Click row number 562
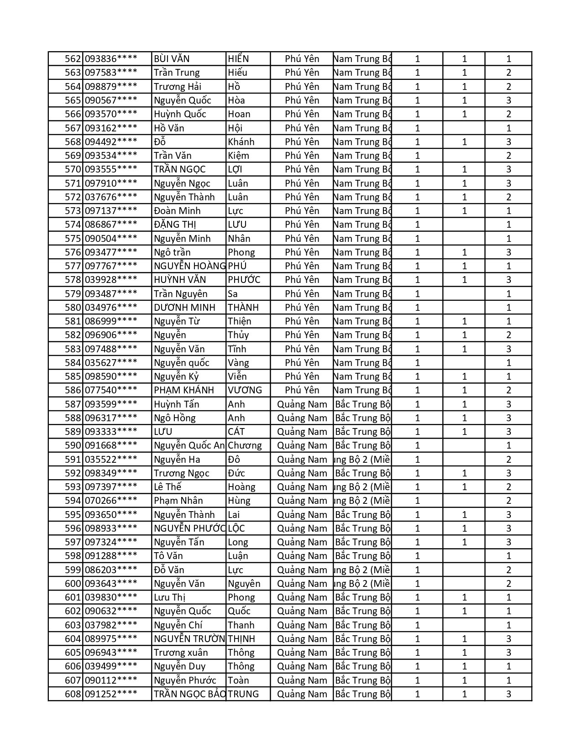(73, 59)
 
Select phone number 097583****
(111, 73)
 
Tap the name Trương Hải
(178, 87)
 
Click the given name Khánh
(241, 142)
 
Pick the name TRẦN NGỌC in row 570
(180, 169)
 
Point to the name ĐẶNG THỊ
(175, 225)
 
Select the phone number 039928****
(111, 280)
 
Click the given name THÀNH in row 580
(243, 308)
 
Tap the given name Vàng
(239, 363)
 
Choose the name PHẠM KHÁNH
(184, 390)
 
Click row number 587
(73, 404)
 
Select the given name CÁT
(236, 432)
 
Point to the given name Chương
(245, 445)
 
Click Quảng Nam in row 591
(302, 460)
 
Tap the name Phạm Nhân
(178, 501)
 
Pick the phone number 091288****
(111, 556)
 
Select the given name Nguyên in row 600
(244, 584)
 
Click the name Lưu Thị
(170, 597)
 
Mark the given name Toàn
(239, 680)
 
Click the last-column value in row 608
(509, 694)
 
